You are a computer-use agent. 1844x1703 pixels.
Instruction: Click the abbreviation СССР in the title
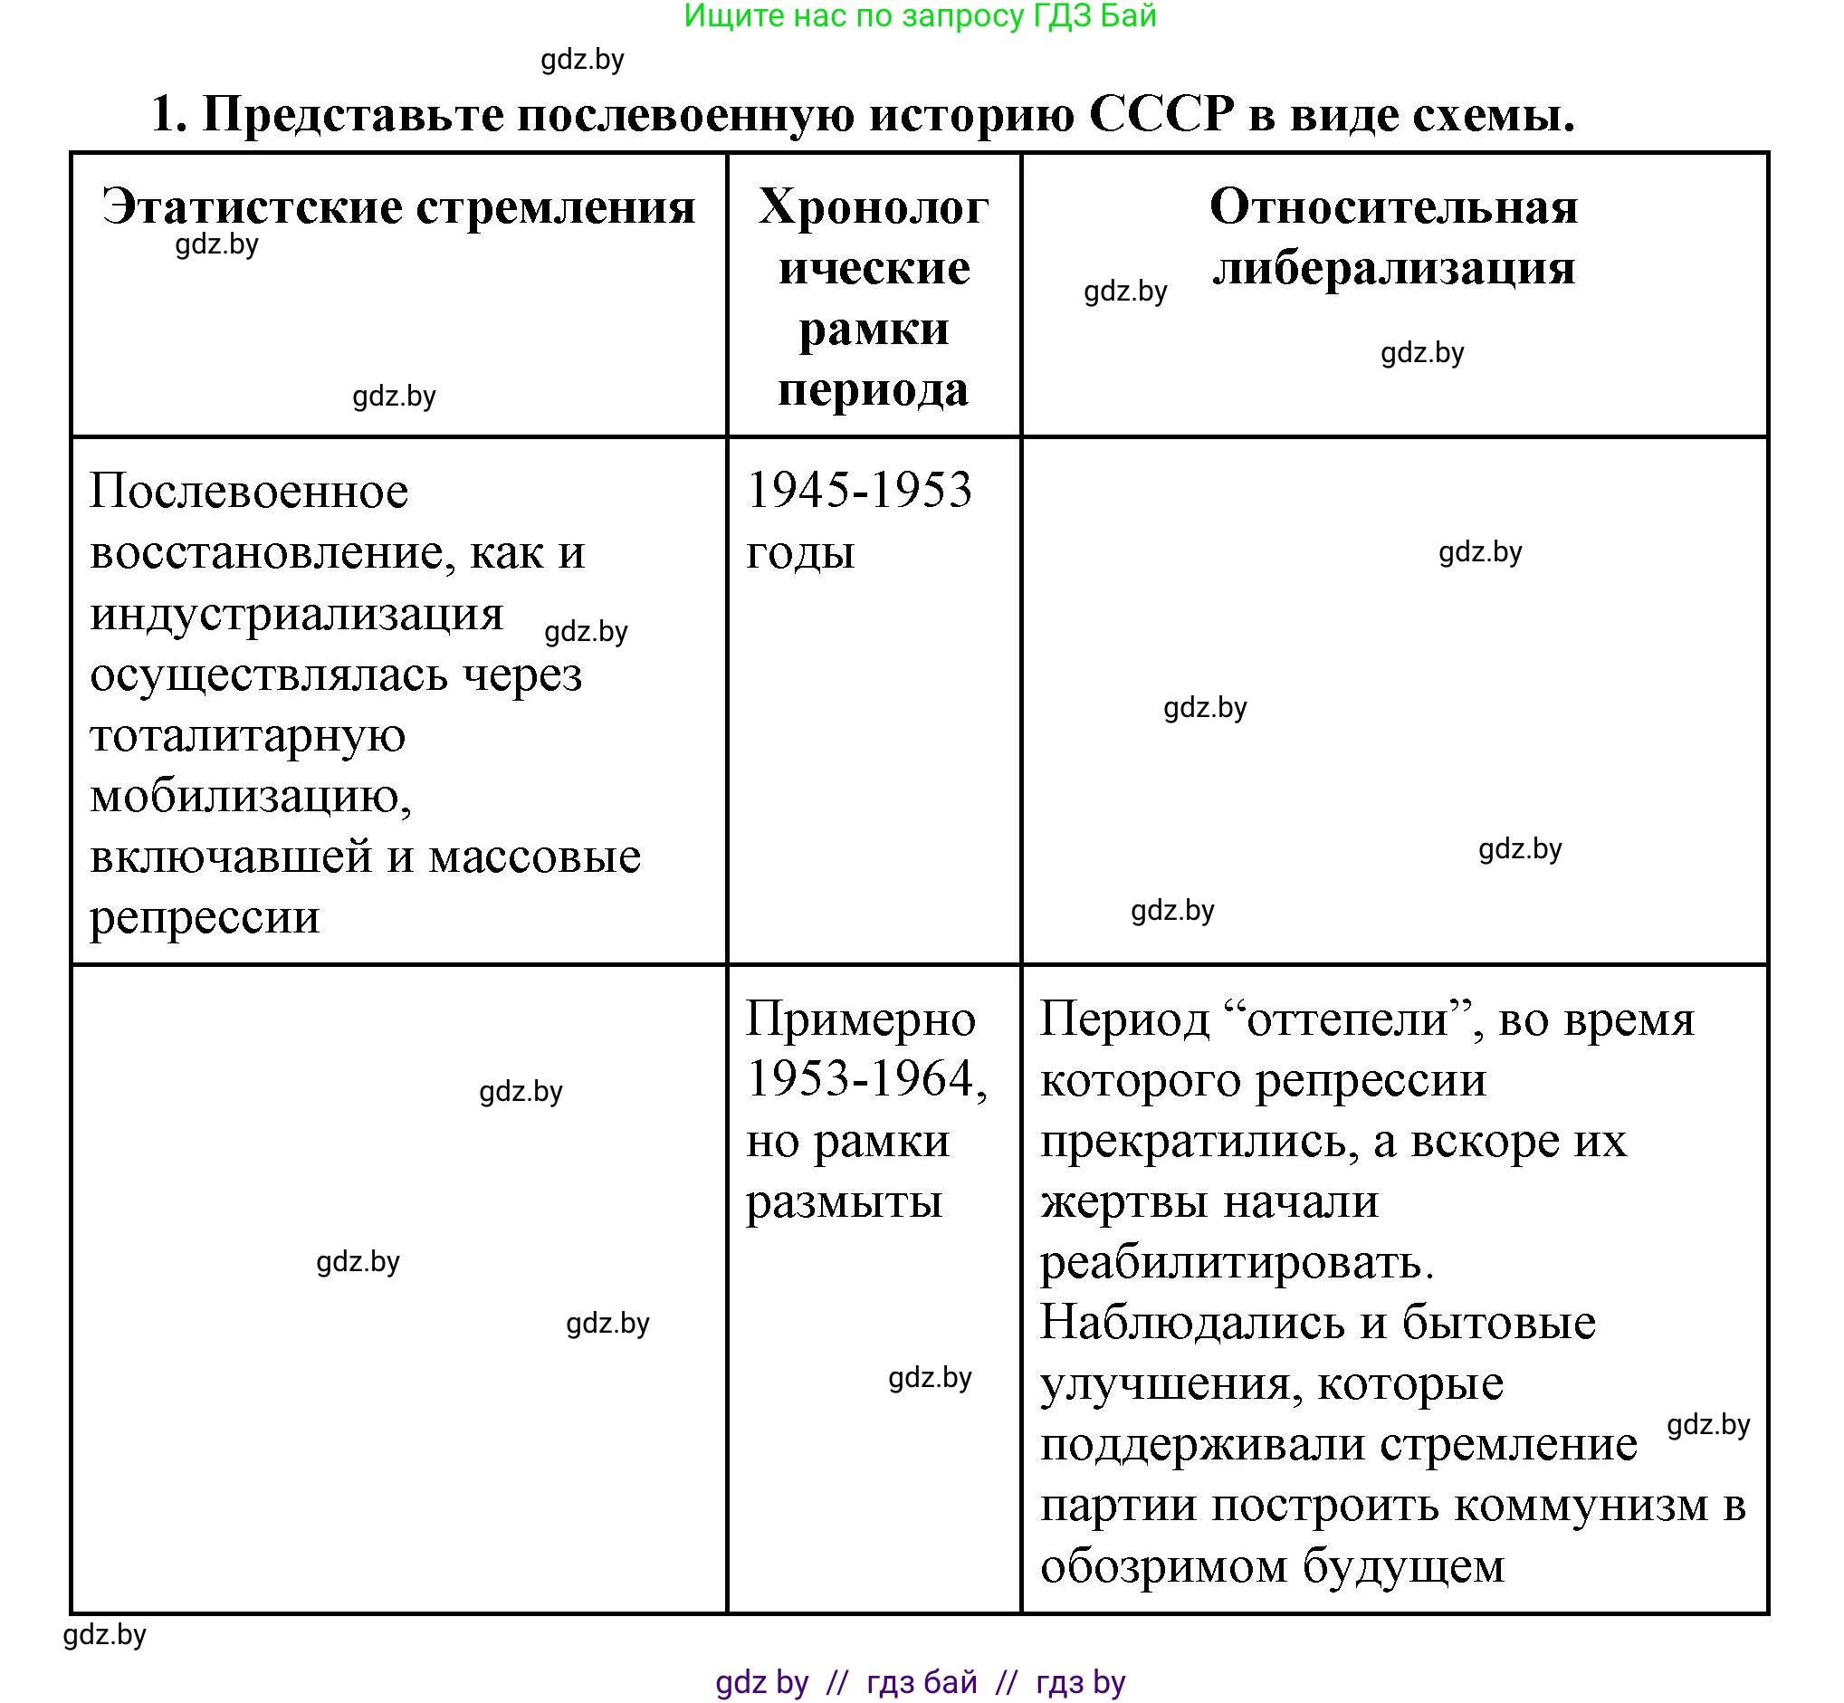1161,115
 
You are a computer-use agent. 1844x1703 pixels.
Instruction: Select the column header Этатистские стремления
398,206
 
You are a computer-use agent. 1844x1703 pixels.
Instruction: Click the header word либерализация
1393,268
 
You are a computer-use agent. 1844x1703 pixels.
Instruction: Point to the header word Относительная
1393,206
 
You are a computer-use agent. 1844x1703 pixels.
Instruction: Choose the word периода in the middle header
873,390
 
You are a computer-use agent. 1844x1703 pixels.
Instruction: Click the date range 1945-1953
859,489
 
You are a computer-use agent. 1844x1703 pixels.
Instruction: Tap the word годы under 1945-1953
800,552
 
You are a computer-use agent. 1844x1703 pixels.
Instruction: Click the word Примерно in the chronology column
861,1019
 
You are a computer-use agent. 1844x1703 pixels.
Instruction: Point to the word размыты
844,1201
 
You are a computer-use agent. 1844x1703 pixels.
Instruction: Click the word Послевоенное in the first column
249,492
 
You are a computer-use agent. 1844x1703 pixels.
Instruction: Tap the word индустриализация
297,613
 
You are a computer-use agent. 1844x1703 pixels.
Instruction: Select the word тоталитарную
248,734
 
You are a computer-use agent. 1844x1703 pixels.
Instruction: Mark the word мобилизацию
251,795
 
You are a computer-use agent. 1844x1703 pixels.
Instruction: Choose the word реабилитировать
1237,1261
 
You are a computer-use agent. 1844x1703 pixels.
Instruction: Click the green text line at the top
920,15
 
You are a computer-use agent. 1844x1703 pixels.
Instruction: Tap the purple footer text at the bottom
920,1683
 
